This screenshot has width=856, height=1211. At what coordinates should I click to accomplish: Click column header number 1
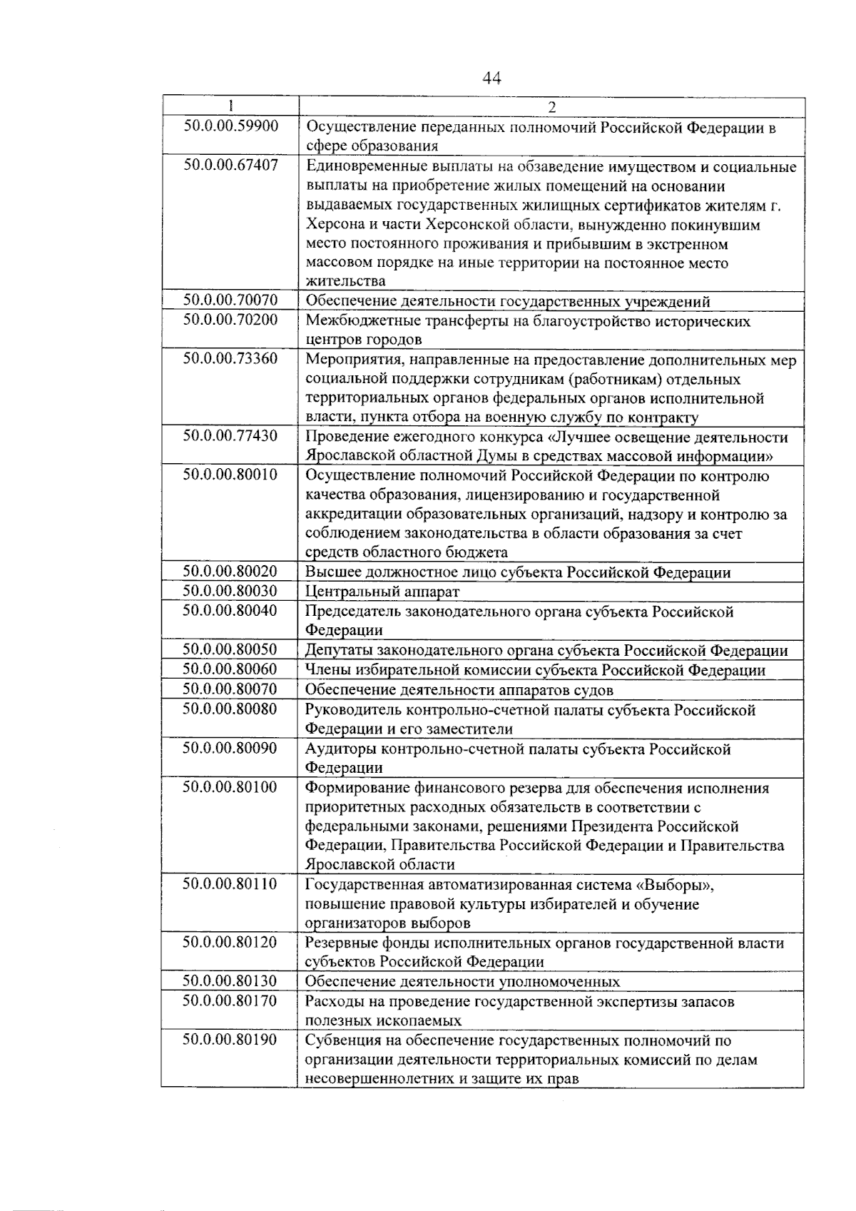[230, 107]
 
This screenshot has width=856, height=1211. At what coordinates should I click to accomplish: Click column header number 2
[551, 107]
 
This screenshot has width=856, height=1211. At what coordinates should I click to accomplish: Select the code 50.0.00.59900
[230, 126]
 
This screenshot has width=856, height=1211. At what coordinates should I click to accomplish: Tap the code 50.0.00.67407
[230, 166]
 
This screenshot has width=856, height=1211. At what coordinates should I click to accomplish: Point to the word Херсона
[335, 226]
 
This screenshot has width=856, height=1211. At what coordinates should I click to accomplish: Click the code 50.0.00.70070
[230, 300]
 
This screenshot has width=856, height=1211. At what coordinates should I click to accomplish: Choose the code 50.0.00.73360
[230, 359]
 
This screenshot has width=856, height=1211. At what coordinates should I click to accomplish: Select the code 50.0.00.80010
[230, 475]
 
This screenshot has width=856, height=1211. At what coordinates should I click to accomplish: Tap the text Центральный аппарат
[382, 592]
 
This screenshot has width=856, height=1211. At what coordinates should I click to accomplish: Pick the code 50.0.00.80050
[230, 649]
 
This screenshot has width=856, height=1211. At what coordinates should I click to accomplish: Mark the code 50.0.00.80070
[230, 689]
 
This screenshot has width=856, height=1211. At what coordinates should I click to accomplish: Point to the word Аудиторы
[341, 749]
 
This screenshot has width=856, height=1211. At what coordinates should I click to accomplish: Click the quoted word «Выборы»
[678, 885]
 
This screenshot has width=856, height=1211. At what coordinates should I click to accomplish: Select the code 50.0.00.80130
[230, 981]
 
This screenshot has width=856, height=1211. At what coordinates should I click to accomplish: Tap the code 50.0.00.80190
[230, 1040]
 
